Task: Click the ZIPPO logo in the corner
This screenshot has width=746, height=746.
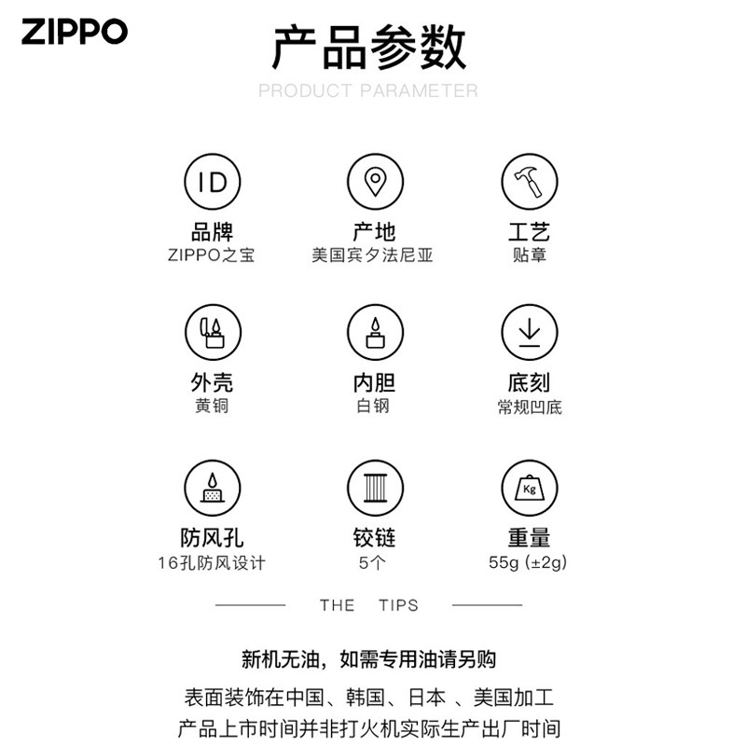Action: [x=75, y=32]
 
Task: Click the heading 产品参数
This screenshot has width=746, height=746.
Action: [x=368, y=48]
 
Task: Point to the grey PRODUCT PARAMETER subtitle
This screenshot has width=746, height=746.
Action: [x=368, y=90]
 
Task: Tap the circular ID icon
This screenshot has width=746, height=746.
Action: [x=213, y=181]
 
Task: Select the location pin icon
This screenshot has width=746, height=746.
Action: [x=375, y=181]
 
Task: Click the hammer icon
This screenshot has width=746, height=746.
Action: [x=529, y=181]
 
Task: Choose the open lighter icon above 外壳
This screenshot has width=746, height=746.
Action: [x=213, y=332]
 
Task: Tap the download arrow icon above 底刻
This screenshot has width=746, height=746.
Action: [x=529, y=332]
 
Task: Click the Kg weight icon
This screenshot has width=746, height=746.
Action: [x=529, y=488]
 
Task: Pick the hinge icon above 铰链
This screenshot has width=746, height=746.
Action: [x=375, y=488]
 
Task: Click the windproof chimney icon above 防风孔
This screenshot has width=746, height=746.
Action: [x=213, y=488]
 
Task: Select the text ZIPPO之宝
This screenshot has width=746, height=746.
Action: [x=212, y=255]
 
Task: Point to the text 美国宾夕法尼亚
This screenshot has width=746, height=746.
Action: [x=372, y=255]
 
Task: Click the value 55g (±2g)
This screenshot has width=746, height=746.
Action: [x=528, y=562]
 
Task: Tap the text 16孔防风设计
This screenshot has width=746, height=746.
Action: [x=212, y=563]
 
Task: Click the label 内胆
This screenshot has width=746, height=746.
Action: [x=375, y=383]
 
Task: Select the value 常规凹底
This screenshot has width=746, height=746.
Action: [x=530, y=408]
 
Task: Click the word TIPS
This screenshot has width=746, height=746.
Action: [x=399, y=605]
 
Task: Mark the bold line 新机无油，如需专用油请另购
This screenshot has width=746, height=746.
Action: [x=368, y=659]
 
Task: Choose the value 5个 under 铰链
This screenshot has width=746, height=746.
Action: [x=372, y=563]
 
